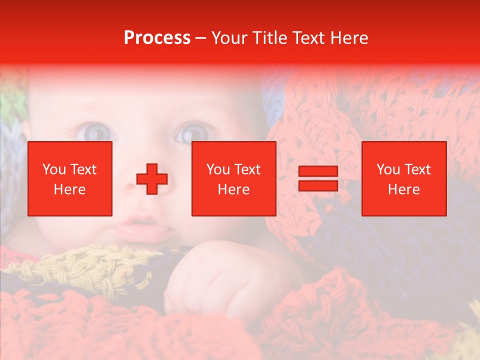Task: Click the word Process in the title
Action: point(157,38)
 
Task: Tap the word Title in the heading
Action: point(268,38)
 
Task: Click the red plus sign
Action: point(152,178)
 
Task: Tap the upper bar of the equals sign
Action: point(318,171)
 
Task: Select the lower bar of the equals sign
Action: point(318,185)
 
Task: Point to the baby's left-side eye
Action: point(96,131)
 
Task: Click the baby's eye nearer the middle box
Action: point(189,133)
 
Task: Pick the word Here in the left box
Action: point(69,189)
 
